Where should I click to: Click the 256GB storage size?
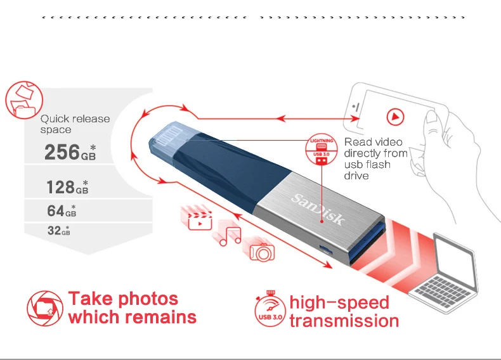pos(69,152)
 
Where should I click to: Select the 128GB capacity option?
pos(67,187)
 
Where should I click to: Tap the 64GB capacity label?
pos(61,210)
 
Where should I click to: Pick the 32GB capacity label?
pos(58,231)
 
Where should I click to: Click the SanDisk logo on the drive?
pos(318,210)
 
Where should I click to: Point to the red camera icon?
pos(262,251)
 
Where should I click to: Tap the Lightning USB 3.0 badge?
pos(320,150)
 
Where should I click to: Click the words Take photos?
pos(123,299)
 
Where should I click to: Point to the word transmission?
pos(344,321)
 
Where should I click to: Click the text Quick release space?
pos(75,124)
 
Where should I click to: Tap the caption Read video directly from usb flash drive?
pos(375,158)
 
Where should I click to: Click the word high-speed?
pos(339,302)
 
